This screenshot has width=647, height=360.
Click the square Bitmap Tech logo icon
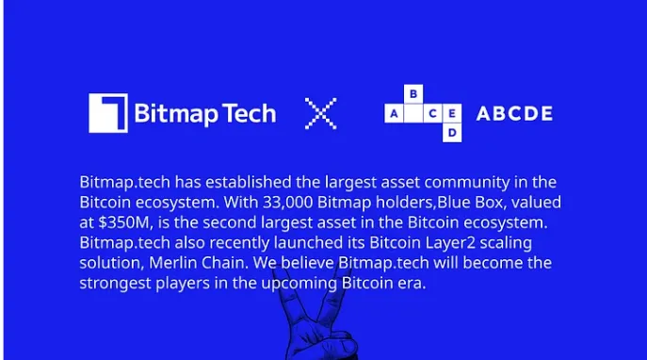(x=107, y=113)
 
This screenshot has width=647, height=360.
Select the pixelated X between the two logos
(x=321, y=113)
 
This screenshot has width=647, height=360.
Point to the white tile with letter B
(x=413, y=94)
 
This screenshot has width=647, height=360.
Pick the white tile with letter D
(x=453, y=134)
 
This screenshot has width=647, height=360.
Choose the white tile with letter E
(x=453, y=114)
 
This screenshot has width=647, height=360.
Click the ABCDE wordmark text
(x=514, y=114)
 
